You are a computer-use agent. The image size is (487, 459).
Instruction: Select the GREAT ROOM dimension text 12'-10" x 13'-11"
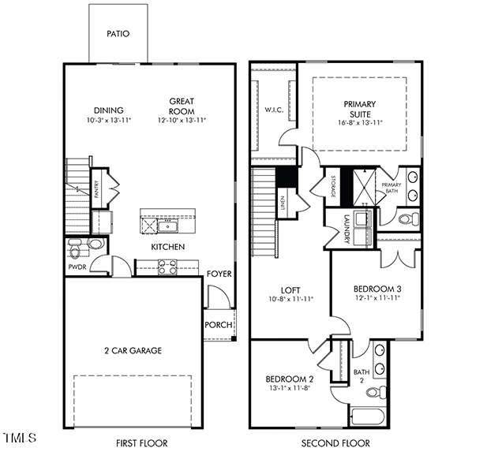(181, 121)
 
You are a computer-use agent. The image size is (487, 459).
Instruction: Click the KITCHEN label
(168, 247)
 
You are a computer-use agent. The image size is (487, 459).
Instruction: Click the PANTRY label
(96, 189)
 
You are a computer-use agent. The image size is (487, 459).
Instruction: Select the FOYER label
(219, 274)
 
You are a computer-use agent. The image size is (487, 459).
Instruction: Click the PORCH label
(218, 324)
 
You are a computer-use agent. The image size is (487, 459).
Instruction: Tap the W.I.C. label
(274, 110)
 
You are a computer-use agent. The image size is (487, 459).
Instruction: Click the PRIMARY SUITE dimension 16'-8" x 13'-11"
(359, 124)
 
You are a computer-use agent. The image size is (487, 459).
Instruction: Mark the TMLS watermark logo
(20, 437)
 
